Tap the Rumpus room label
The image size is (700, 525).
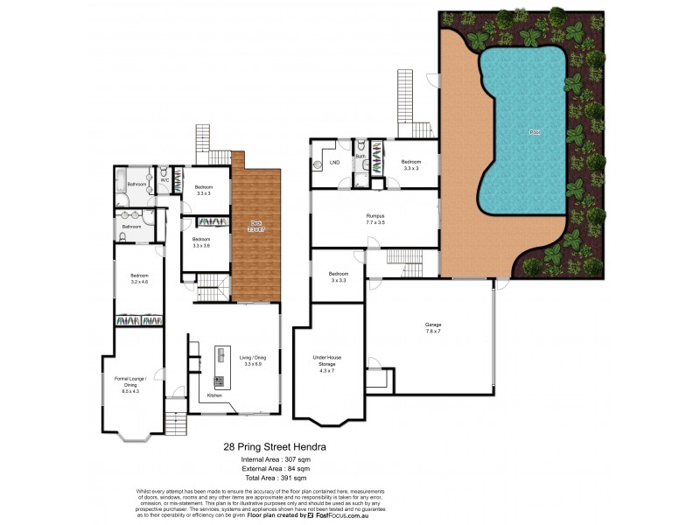(376, 217)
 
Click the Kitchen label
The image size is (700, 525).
(214, 396)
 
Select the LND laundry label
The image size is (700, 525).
(334, 163)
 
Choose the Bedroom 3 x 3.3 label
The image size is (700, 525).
(338, 276)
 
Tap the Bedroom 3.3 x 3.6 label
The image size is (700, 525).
(202, 242)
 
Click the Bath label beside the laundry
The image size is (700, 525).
(360, 157)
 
